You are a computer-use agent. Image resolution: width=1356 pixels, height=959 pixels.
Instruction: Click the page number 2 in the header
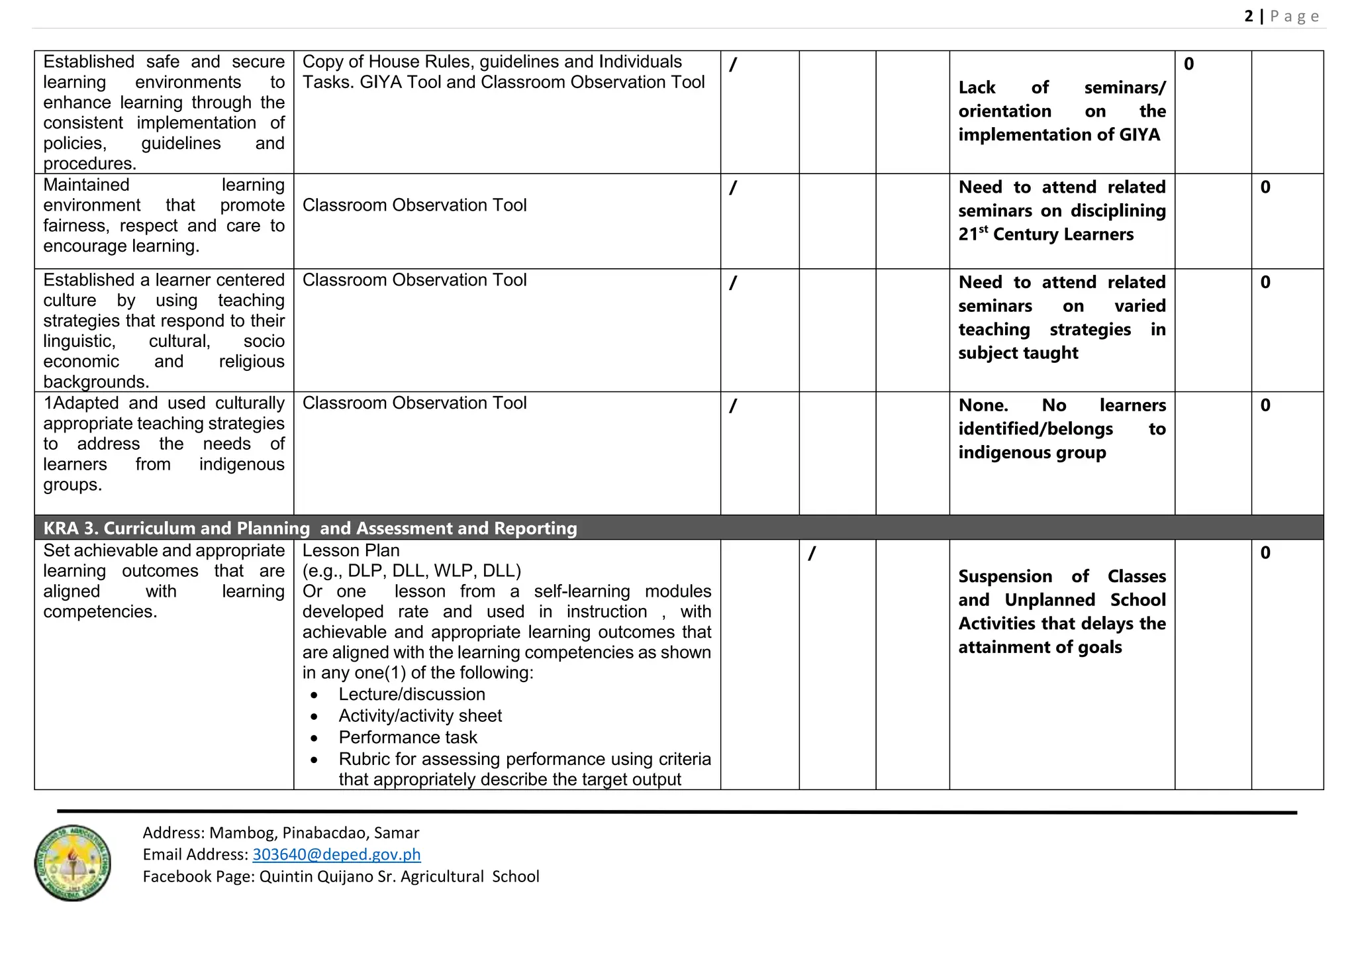tap(1249, 16)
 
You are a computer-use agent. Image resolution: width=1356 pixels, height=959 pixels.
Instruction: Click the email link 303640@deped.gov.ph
tap(336, 854)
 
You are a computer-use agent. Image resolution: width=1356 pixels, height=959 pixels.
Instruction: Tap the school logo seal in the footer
tap(72, 863)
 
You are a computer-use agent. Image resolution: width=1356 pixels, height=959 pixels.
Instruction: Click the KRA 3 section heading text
tap(310, 528)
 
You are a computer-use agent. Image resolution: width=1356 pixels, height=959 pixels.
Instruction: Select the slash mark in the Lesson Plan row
tap(812, 553)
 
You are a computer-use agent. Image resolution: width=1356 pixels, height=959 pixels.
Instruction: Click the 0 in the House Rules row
tap(1189, 64)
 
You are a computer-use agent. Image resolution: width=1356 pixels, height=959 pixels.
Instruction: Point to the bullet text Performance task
tap(408, 737)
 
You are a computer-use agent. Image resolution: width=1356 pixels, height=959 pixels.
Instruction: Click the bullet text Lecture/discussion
tap(412, 694)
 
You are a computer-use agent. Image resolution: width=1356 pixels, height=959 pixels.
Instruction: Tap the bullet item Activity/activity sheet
tap(420, 716)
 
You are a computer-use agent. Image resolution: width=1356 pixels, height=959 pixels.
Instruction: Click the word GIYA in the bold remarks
tap(1139, 134)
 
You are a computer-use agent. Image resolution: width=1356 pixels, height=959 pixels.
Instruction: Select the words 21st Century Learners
tap(1046, 234)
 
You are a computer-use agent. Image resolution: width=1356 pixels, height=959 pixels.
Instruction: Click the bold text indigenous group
tap(1032, 452)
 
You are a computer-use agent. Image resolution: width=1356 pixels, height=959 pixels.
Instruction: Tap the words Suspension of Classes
tap(1062, 576)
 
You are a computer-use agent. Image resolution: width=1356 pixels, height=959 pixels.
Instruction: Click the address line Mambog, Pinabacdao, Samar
tap(315, 833)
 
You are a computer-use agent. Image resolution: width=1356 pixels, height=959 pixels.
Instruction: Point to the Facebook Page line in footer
tap(341, 876)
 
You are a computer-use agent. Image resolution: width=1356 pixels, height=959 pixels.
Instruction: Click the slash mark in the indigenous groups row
tap(733, 406)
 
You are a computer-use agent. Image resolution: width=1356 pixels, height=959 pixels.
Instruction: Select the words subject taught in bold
tap(1018, 353)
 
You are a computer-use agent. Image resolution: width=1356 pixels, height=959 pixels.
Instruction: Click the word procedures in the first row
tap(89, 164)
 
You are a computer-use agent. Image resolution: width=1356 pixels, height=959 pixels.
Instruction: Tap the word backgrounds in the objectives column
tap(95, 382)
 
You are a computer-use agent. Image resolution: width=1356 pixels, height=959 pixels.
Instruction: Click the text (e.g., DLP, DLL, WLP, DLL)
tap(412, 571)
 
